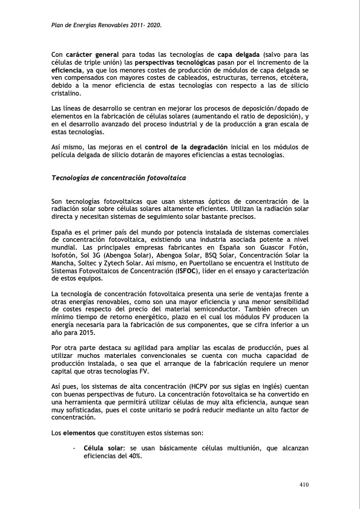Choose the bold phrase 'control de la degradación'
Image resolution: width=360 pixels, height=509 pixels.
[x=187, y=147]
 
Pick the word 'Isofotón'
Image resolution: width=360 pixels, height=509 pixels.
[x=65, y=255]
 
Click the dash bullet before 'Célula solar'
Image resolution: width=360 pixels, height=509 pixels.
[x=73, y=449]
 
